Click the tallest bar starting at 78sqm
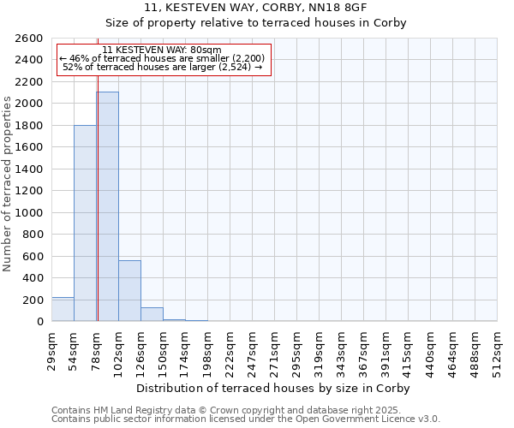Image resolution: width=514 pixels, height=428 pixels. (107, 206)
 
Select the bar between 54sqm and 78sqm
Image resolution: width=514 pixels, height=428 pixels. (85, 223)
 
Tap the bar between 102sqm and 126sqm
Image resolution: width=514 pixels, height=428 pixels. (129, 290)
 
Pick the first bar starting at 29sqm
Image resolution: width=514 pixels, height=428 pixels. (63, 309)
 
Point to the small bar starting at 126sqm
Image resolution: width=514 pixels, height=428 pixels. (152, 314)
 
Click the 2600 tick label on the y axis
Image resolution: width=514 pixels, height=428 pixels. (29, 39)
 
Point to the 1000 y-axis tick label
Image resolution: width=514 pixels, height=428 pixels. (29, 212)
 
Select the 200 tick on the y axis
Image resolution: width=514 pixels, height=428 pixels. (34, 300)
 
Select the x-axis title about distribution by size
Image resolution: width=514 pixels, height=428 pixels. (274, 388)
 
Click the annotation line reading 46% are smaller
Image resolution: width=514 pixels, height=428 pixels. (163, 58)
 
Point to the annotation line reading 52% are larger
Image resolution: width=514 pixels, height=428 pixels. (163, 67)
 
